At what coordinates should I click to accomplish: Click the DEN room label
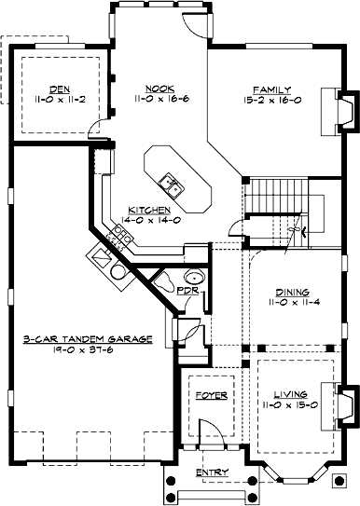[60, 89]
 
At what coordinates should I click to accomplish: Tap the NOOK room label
[159, 89]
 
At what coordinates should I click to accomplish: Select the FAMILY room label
[272, 89]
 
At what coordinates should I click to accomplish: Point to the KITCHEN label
[149, 210]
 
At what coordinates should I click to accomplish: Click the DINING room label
[293, 293]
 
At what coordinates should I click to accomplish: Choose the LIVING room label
[291, 394]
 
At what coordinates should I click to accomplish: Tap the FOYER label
[212, 396]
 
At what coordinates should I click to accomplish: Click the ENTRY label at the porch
[213, 472]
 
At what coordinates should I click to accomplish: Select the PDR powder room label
[188, 291]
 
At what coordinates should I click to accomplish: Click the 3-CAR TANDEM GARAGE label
[88, 339]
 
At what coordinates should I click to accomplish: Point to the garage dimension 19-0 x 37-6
[83, 349]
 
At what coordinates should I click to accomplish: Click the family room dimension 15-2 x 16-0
[272, 100]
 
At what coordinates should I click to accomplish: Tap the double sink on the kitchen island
[171, 185]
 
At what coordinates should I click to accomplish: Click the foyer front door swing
[211, 431]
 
